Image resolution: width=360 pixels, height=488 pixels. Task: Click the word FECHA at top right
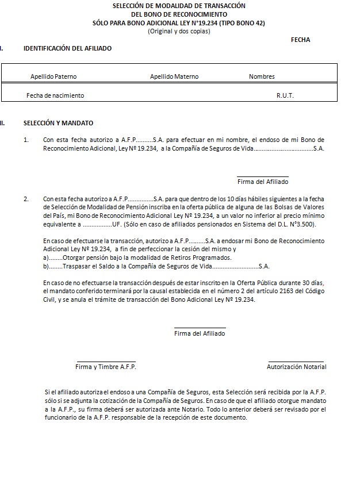pyautogui.click(x=300, y=40)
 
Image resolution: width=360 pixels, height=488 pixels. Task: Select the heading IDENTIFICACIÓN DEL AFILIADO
pyautogui.click(x=67, y=48)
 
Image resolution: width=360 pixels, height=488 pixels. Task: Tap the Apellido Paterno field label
pyautogui.click(x=53, y=76)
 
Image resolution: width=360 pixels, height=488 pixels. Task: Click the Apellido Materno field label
pyautogui.click(x=174, y=76)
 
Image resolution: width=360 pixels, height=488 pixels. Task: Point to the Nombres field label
pyautogui.click(x=262, y=76)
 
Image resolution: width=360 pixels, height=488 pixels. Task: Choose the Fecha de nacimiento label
pyautogui.click(x=55, y=95)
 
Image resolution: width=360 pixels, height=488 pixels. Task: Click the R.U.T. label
pyautogui.click(x=285, y=95)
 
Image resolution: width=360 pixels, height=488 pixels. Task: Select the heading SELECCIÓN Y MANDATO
pyautogui.click(x=58, y=123)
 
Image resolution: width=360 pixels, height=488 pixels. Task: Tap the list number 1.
pyautogui.click(x=26, y=140)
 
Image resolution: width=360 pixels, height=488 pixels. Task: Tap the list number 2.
pyautogui.click(x=26, y=199)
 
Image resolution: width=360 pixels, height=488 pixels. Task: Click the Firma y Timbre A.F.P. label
pyautogui.click(x=106, y=367)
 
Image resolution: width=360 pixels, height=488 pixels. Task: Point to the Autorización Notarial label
pyautogui.click(x=296, y=367)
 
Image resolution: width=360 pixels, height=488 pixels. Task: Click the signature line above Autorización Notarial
pyautogui.click(x=296, y=362)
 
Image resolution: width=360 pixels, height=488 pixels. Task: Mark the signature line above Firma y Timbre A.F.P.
pyautogui.click(x=106, y=362)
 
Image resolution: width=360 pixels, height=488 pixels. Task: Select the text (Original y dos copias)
pyautogui.click(x=179, y=31)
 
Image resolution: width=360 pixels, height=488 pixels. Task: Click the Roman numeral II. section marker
pyautogui.click(x=3, y=123)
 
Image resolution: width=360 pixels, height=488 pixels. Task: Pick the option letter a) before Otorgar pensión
pyautogui.click(x=46, y=258)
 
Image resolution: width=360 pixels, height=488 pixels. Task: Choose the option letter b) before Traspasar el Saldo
pyautogui.click(x=46, y=266)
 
